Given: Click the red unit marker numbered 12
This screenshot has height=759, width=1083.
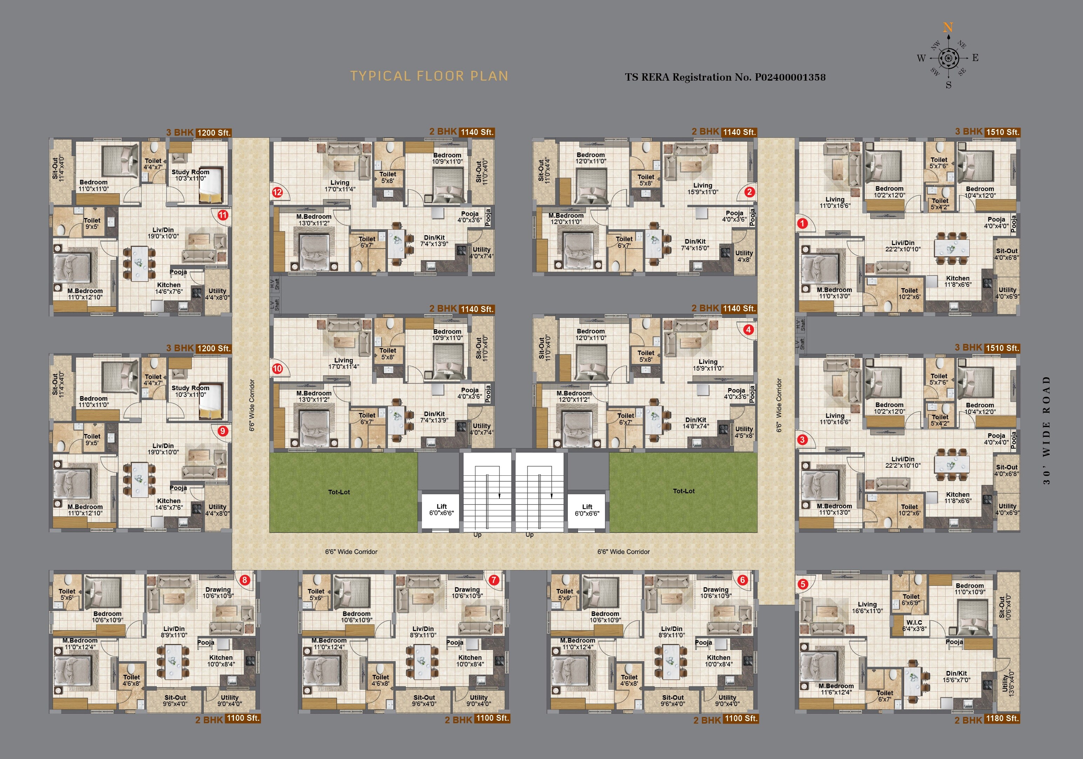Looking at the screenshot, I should pos(277,192).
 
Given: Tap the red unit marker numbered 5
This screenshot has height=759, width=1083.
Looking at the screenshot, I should pos(803,584).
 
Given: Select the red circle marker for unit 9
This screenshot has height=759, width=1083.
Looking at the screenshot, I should pos(223,431).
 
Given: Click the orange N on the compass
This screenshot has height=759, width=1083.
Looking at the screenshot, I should pos(948,28).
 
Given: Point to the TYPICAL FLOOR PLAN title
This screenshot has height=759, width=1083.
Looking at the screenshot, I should pos(429,76).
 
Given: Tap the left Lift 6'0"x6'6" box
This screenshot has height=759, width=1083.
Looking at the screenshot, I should pos(442,510).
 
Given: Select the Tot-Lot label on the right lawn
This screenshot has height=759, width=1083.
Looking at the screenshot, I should pos(684,491).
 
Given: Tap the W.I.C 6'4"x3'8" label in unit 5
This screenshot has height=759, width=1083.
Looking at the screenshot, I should pos(914,625).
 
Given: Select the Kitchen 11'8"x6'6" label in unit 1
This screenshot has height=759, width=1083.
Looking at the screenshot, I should pos(957,282).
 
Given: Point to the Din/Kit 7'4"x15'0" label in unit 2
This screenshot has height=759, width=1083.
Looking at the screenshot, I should pos(695,244).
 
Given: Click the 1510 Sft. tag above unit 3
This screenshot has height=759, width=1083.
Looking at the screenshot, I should pos(1002,348).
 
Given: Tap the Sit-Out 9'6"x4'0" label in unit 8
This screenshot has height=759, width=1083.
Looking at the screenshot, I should pos(175,700).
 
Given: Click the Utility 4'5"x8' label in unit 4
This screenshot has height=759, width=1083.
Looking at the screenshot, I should pos(744,432).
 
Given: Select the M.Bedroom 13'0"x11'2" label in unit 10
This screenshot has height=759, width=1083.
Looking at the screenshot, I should pos(314,396).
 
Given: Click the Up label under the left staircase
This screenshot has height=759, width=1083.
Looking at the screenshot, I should pos(477,535).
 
